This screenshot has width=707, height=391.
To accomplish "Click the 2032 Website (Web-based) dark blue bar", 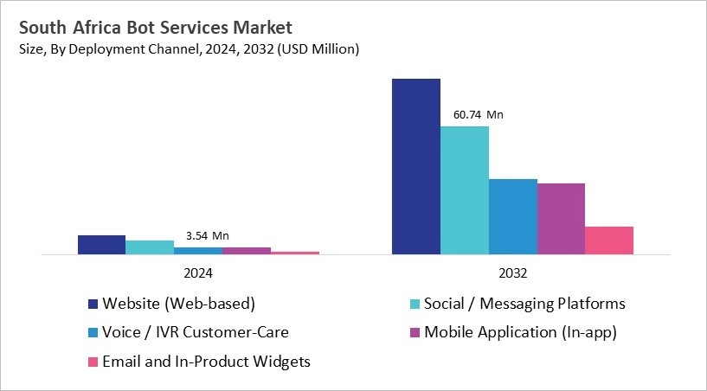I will pyautogui.click(x=416, y=167).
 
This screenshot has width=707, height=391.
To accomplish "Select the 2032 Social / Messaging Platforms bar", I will pyautogui.click(x=465, y=190).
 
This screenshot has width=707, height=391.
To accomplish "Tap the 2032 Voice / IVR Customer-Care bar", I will pyautogui.click(x=513, y=217).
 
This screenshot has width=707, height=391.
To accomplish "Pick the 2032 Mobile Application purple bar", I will pyautogui.click(x=561, y=219).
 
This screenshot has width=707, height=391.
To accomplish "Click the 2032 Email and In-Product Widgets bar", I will pyautogui.click(x=609, y=240).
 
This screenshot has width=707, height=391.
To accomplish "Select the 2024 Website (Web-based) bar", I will pyautogui.click(x=101, y=245).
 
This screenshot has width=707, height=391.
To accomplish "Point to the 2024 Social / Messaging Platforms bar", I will pyautogui.click(x=150, y=247).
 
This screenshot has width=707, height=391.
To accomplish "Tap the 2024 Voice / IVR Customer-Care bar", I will pyautogui.click(x=198, y=251).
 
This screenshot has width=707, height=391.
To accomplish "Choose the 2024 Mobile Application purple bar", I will pyautogui.click(x=247, y=251).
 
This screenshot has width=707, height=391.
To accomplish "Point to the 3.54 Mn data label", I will pyautogui.click(x=208, y=235).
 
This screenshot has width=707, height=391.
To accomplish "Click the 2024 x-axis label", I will pyautogui.click(x=198, y=272).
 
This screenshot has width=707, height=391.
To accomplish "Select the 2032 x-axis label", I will pyautogui.click(x=513, y=272).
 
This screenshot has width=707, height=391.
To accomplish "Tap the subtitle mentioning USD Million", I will pyautogui.click(x=187, y=49).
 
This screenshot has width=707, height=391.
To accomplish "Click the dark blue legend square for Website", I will pyautogui.click(x=93, y=304).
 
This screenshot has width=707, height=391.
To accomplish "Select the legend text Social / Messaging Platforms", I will pyautogui.click(x=524, y=304).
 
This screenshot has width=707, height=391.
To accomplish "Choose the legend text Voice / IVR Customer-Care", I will pyautogui.click(x=196, y=332).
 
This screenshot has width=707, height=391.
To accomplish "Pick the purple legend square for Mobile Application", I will pyautogui.click(x=415, y=332).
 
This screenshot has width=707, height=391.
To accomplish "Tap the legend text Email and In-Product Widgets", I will pyautogui.click(x=206, y=362).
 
